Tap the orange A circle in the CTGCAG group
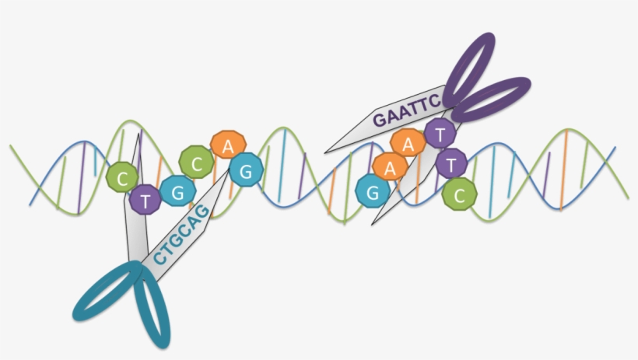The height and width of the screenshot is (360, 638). (227, 146)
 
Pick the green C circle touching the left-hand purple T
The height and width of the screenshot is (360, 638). (121, 178)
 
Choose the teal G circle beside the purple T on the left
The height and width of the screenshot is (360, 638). (177, 193)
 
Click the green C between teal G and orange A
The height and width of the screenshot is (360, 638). (195, 163)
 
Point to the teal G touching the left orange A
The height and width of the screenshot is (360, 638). (246, 172)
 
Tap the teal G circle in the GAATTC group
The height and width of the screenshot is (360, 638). (372, 190)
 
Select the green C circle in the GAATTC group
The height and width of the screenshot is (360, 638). (459, 193)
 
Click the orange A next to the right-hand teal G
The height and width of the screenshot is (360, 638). (388, 167)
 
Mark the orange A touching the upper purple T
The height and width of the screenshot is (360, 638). (408, 143)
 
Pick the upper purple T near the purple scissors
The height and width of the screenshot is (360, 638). (440, 134)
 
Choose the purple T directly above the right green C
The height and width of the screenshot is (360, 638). (451, 164)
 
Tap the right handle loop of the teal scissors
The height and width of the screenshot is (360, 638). (152, 308)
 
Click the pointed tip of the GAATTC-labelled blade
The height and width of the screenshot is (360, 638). (326, 149)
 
